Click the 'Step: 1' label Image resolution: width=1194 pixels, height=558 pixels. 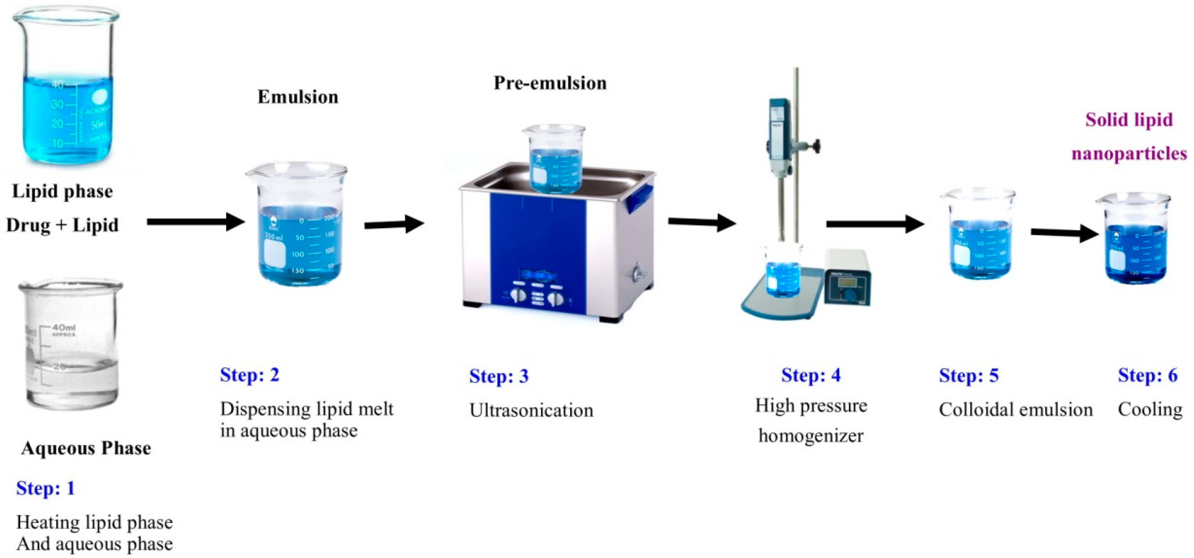coord(46,489)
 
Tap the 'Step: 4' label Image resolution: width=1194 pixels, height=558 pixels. coord(811,375)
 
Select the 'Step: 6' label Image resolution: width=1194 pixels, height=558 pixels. coord(1147,375)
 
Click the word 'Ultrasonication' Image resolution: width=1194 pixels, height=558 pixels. coord(531,410)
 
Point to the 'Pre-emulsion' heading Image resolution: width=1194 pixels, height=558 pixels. coord(550,83)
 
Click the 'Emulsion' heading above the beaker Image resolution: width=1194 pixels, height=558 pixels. coord(297,97)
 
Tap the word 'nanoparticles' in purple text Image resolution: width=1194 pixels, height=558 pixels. coord(1129,154)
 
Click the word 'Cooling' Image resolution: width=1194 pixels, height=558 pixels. coord(1150,409)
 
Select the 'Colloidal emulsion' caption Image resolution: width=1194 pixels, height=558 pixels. coord(1016,409)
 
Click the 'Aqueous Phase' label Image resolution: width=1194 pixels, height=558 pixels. coord(86,448)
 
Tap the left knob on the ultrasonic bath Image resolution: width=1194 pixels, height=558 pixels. coord(518,295)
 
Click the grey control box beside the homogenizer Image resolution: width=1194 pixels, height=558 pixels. coord(847,277)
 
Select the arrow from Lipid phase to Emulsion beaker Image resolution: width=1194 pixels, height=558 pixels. coord(195,222)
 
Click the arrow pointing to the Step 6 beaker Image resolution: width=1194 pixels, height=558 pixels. coord(1064,232)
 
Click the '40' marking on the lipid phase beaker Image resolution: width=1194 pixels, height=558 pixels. coord(57,85)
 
